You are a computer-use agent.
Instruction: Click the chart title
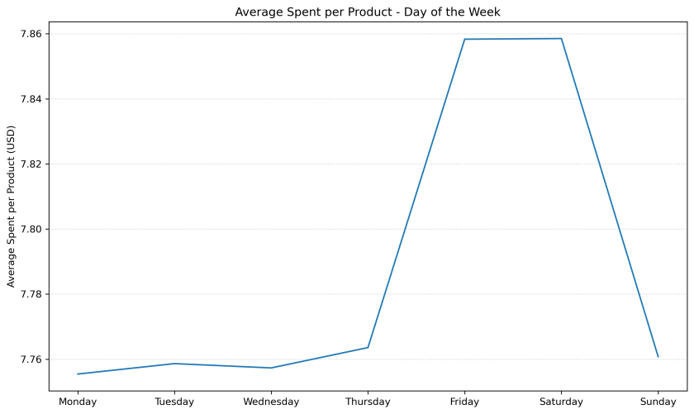tap(367, 12)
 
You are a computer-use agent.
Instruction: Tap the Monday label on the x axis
tap(78, 402)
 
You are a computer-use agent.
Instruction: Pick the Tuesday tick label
tap(174, 402)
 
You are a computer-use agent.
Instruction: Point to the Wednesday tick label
tap(271, 402)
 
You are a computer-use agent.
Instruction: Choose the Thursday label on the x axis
tap(368, 402)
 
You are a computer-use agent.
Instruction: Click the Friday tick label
tap(464, 402)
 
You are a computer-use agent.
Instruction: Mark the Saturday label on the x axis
tap(561, 402)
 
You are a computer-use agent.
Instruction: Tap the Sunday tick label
tap(658, 402)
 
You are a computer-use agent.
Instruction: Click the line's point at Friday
tap(464, 39)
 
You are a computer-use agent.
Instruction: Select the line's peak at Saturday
tap(561, 38)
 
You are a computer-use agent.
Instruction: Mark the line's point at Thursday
tap(368, 348)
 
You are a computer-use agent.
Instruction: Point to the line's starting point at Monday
tap(78, 374)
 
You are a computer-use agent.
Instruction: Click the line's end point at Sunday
tap(658, 357)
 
